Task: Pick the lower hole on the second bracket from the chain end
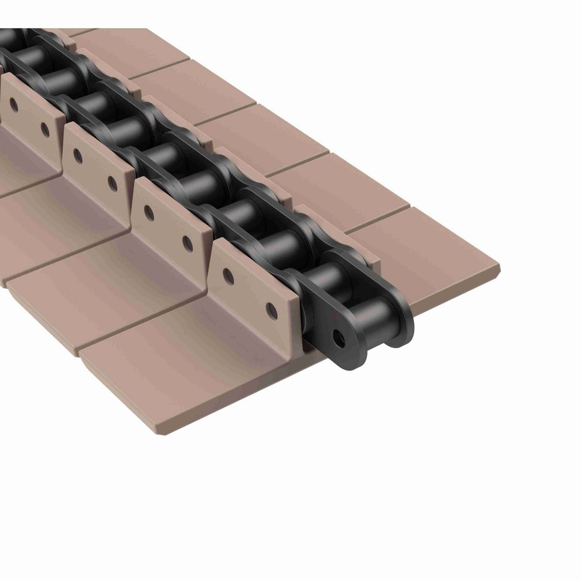click(x=187, y=241)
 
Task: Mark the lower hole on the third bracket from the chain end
click(x=112, y=183)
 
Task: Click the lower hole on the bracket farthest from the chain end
click(x=45, y=128)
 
